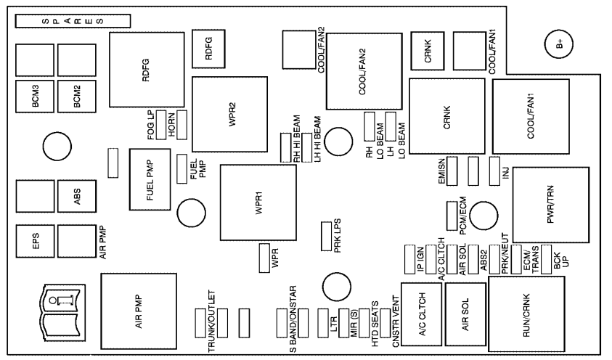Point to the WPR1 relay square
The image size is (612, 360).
pos(258,203)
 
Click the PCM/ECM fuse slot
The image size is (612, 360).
pos(451,213)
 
